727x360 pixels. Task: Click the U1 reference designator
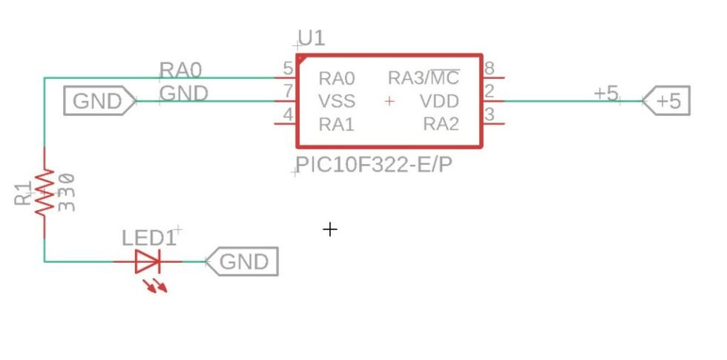312,38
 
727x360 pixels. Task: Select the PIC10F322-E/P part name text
373,165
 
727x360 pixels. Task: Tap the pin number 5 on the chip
288,69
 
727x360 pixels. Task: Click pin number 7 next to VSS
288,92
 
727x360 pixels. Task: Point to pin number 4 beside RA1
288,116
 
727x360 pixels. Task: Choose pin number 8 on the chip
490,69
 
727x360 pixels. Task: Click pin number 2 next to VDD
490,92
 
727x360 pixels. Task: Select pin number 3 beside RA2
490,116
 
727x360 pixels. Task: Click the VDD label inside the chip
439,101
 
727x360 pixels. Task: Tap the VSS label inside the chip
337,101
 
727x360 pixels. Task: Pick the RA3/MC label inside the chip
424,78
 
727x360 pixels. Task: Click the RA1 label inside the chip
337,125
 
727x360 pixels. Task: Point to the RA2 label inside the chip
441,125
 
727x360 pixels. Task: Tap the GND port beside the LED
242,261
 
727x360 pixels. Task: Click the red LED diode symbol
148,262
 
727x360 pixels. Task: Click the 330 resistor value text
67,192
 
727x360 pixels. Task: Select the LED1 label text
148,238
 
